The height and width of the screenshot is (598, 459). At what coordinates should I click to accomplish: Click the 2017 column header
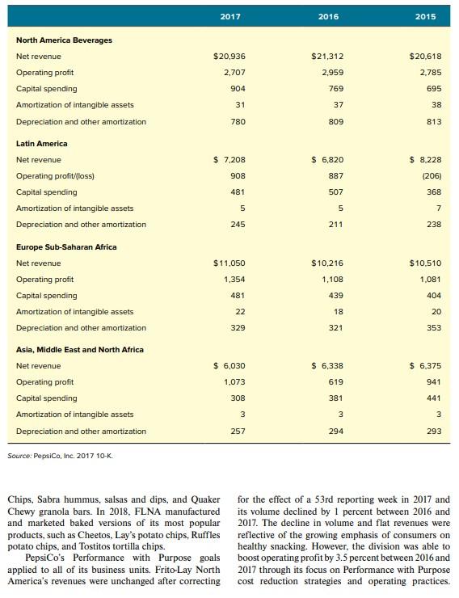[x=230, y=15]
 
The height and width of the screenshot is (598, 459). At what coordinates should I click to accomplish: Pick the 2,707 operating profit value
[x=234, y=73]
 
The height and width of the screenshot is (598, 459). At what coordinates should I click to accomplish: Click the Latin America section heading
[x=42, y=143]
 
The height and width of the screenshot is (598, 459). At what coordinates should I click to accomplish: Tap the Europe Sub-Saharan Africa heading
[x=66, y=246]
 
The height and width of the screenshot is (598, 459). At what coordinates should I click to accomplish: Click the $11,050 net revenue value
[x=229, y=263]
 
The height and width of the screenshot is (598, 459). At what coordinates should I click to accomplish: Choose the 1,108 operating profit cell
[x=333, y=280]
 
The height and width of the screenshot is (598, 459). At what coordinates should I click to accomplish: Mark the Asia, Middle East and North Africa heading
[x=80, y=350]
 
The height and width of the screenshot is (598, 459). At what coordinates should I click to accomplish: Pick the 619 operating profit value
[x=336, y=382]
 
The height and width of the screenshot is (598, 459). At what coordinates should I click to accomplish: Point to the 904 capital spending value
[x=238, y=89]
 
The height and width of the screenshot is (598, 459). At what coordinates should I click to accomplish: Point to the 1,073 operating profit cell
[x=234, y=382]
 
